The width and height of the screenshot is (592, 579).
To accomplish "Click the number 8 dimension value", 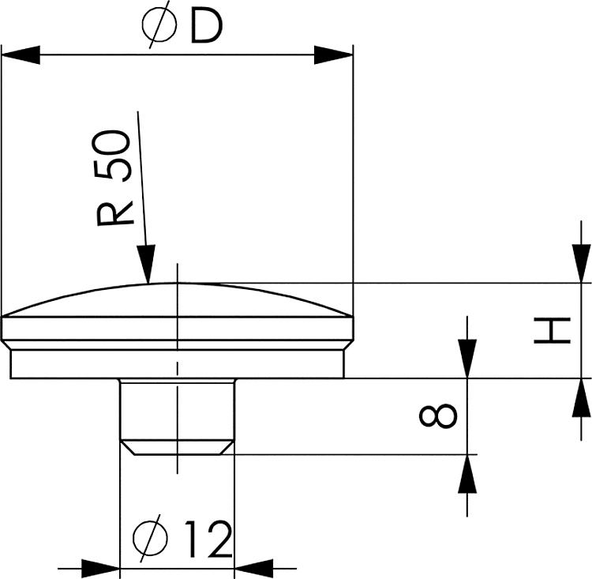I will pos(445,415).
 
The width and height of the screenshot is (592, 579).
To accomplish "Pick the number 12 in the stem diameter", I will pos(207,540).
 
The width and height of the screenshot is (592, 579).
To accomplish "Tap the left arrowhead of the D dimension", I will pos(21,55).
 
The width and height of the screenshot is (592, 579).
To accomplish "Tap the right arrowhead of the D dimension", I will pos(334,55).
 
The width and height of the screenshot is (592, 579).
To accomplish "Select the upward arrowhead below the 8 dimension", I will pos(467,473).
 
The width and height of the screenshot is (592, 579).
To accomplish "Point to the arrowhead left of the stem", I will pos(100,566).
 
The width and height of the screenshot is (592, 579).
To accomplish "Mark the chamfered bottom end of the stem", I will pos(177,448).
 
